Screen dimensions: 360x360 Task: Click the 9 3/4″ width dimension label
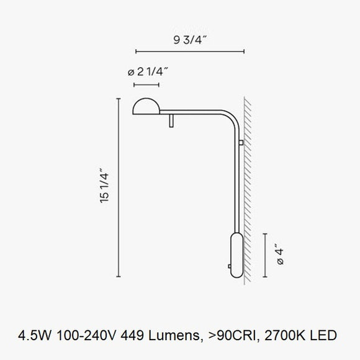(189, 40)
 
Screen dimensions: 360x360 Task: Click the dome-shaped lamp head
(145, 107)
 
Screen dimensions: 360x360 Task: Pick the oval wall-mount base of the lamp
(236, 255)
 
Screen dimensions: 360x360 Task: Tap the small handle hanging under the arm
(171, 120)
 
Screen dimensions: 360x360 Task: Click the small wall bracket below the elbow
(241, 144)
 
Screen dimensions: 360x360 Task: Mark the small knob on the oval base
(230, 268)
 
